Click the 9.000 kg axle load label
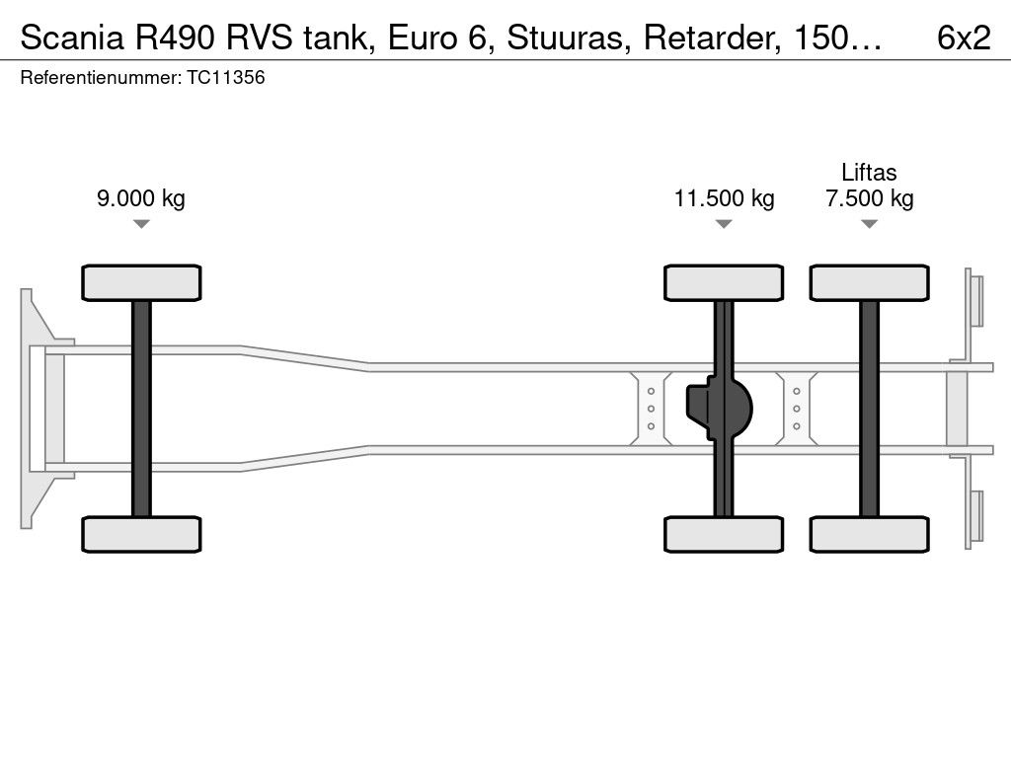[141, 198]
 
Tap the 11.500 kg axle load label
[724, 198]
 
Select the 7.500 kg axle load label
[870, 198]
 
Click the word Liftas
[869, 172]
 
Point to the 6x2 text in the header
[964, 38]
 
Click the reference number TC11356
[226, 77]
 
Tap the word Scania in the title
[71, 38]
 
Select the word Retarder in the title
[713, 38]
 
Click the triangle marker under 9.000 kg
[141, 224]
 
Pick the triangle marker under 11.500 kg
[724, 224]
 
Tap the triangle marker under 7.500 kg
[870, 224]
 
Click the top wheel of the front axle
[141, 282]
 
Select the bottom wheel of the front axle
[141, 534]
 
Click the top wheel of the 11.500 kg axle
[724, 282]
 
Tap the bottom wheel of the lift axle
[870, 534]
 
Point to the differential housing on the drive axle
[719, 409]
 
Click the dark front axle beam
[141, 409]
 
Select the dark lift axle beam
[870, 409]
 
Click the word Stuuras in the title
[566, 38]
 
